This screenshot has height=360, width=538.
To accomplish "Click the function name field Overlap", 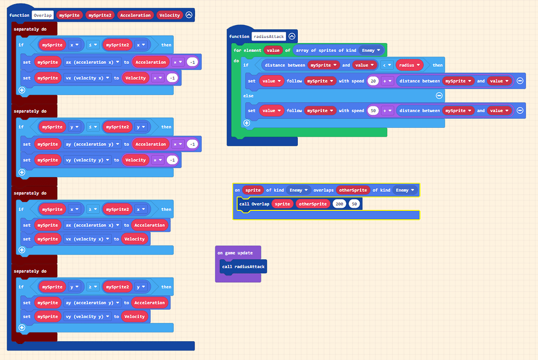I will (43, 15).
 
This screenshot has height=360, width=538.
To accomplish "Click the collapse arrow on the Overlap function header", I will (189, 15).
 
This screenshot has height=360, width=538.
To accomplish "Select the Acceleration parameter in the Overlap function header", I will (135, 15).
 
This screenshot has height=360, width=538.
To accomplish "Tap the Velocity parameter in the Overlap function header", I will (169, 15).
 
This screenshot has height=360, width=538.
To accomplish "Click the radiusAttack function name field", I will (268, 36).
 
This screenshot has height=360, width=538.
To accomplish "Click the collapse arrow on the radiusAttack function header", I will (292, 36).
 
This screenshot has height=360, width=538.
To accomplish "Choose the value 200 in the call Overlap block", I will (340, 204).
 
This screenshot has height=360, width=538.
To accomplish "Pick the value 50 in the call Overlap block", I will (355, 204).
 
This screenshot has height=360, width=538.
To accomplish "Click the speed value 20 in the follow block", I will (372, 81).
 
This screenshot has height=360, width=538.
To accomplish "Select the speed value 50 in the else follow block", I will (372, 111).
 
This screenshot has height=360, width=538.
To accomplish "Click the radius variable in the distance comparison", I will (410, 65).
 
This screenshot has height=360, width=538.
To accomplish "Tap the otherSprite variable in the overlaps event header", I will (353, 190).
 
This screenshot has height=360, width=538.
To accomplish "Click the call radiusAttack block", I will (243, 266).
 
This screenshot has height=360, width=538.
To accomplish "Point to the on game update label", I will (235, 253).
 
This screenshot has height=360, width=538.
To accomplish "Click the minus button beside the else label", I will (439, 96).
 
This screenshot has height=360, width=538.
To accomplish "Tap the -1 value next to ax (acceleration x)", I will (192, 62).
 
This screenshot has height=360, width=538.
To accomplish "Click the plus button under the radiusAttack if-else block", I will (246, 123).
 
